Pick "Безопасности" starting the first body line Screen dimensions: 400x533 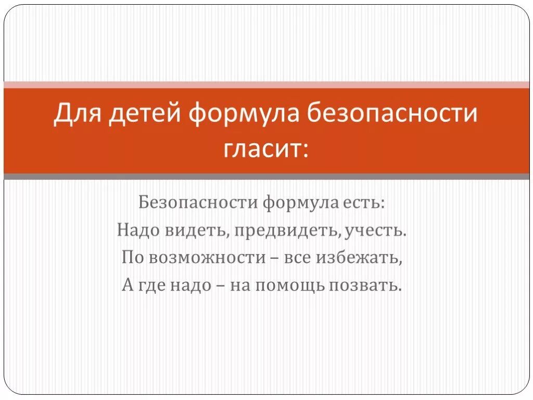tap(197, 202)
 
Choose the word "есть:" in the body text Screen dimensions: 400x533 tap(363, 202)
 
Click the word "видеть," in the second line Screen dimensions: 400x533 tap(197, 230)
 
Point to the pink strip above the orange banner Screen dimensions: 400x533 tap(266, 84)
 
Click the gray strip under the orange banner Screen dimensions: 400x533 tap(266, 177)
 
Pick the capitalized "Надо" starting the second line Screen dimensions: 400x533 tap(137, 230)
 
